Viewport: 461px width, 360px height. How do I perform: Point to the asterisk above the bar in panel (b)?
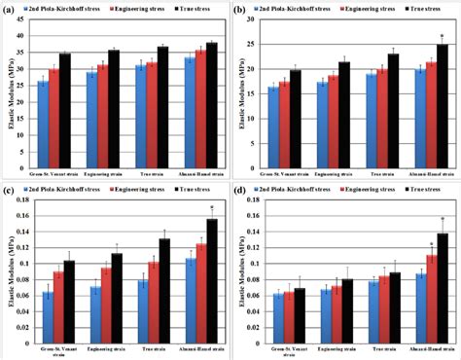[443, 36]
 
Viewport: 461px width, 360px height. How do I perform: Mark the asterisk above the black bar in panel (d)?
[443, 220]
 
